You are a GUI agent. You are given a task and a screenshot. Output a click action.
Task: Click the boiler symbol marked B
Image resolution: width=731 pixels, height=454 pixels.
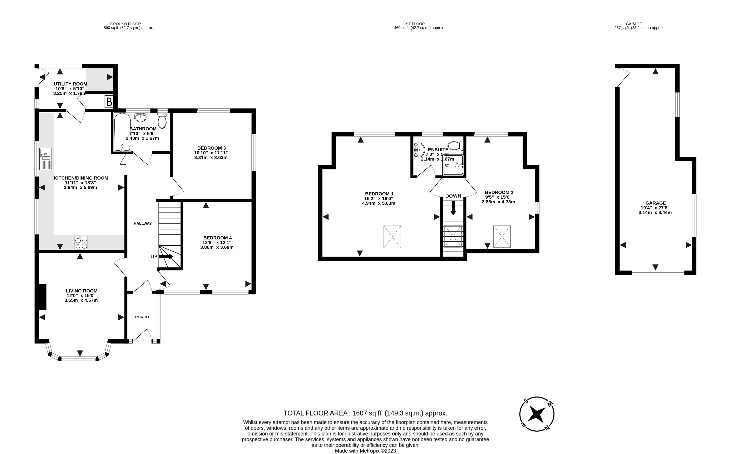109,102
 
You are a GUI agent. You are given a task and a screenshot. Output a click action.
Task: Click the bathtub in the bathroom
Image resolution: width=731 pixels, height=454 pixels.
122,132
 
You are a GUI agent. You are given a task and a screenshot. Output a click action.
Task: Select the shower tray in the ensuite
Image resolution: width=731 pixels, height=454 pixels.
453,165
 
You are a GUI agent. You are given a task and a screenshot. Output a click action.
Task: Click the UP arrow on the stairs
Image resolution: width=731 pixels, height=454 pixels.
166,256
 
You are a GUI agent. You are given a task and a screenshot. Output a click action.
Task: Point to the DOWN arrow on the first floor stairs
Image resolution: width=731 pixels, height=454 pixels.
453,207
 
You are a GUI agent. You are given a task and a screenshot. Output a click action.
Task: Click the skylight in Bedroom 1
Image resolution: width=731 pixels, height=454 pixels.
392,237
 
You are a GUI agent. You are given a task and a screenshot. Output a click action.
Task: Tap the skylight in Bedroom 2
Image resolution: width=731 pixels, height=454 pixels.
502,237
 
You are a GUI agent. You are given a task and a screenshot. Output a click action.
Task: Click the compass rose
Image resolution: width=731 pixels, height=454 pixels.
537,414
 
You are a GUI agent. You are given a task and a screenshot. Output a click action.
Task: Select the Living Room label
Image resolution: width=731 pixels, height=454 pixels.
82,291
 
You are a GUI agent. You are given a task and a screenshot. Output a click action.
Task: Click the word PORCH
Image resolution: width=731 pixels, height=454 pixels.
142,317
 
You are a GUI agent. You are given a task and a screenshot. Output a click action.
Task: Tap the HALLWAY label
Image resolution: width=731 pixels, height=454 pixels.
143,223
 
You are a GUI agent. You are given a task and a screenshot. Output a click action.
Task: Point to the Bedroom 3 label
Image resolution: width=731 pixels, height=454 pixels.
212,148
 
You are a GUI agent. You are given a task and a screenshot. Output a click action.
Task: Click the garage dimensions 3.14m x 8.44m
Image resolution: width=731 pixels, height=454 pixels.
655,213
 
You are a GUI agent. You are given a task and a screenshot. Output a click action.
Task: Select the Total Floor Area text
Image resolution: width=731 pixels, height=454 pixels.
365,413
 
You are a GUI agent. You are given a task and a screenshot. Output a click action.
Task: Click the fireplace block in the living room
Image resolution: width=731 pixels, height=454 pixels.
42,297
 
